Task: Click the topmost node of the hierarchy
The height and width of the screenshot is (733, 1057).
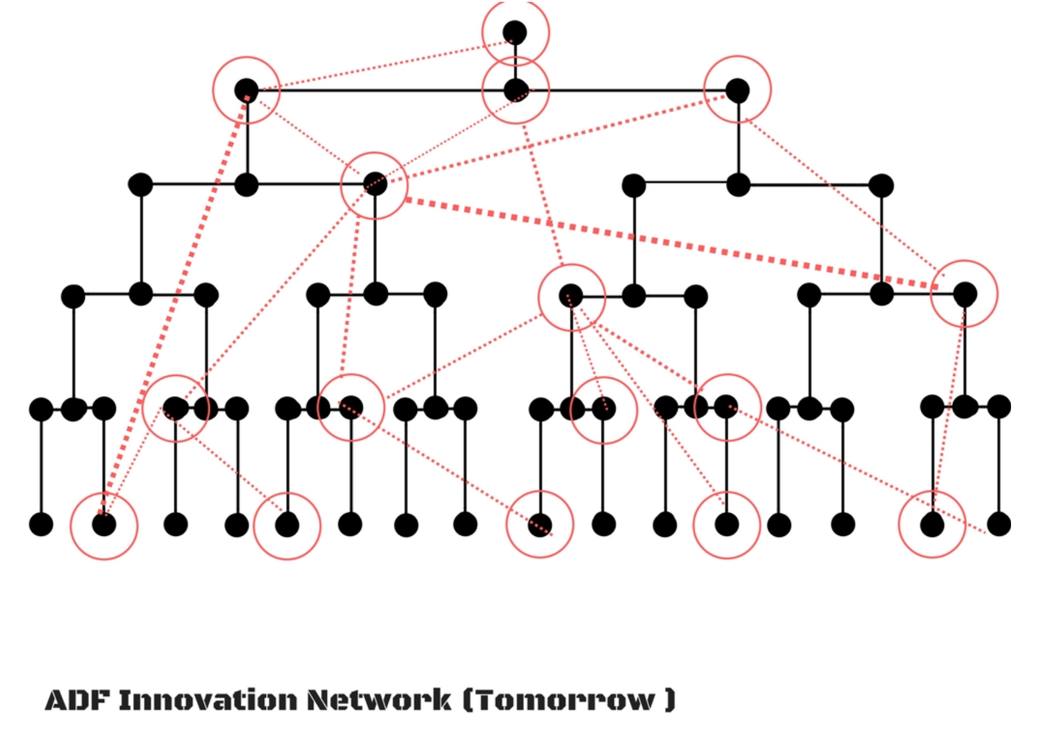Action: click(x=514, y=32)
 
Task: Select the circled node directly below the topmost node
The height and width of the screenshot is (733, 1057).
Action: click(x=516, y=91)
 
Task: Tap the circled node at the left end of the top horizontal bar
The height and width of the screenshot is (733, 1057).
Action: click(x=246, y=91)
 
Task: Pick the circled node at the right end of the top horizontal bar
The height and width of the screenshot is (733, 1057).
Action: click(x=737, y=91)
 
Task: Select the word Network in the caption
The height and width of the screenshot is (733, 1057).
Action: click(x=379, y=700)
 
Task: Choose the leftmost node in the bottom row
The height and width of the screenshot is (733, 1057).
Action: click(x=41, y=524)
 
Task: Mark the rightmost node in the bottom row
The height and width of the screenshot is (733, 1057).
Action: click(x=999, y=524)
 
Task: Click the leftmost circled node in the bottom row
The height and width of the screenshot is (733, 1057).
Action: click(x=104, y=525)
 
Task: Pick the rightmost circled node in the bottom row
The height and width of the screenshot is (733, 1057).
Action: click(x=932, y=525)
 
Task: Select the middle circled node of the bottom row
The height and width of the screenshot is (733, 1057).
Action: click(x=540, y=525)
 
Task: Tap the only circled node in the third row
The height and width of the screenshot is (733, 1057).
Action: click(x=375, y=184)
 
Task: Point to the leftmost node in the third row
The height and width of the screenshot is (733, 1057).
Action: click(x=140, y=185)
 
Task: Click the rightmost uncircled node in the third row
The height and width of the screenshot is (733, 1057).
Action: click(x=881, y=185)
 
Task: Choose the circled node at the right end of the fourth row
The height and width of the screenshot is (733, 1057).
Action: click(x=964, y=294)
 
